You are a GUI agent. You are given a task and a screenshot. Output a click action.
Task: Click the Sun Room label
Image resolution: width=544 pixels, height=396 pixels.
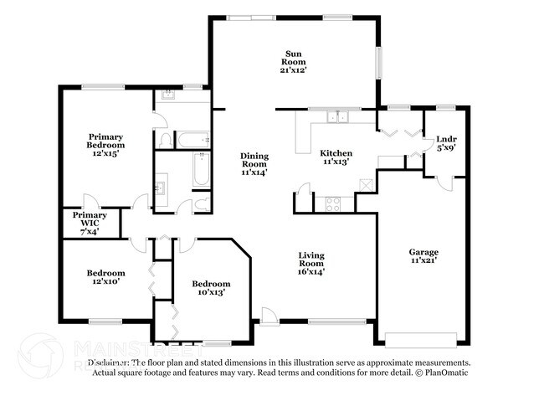pyautogui.click(x=293, y=62)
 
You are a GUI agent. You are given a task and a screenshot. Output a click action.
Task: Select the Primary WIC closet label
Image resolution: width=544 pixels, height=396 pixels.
pyautogui.click(x=90, y=224)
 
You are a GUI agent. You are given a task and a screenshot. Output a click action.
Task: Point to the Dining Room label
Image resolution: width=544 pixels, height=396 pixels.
pyautogui.click(x=254, y=164)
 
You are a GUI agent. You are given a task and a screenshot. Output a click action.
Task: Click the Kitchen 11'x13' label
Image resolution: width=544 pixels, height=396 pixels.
pyautogui.click(x=336, y=158)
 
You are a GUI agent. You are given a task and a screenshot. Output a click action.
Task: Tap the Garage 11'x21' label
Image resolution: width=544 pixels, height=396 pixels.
pyautogui.click(x=423, y=256)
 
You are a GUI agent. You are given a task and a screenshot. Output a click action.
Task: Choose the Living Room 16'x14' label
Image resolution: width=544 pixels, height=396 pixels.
pyautogui.click(x=310, y=263)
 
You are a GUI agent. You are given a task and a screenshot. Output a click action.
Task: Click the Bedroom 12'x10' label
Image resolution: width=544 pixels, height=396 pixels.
pyautogui.click(x=106, y=277)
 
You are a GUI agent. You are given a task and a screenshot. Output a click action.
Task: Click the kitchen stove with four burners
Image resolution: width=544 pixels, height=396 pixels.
pyautogui.click(x=333, y=202)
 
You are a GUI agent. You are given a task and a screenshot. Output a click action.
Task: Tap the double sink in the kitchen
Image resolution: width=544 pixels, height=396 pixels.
pyautogui.click(x=339, y=117)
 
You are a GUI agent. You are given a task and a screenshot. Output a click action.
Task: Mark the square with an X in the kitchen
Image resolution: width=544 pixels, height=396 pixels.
pyautogui.click(x=364, y=186)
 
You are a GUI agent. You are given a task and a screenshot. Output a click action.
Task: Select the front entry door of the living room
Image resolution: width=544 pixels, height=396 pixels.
pyautogui.click(x=269, y=316)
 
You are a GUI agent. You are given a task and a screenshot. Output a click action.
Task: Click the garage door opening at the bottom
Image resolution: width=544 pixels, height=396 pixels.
pyautogui.click(x=422, y=339)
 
